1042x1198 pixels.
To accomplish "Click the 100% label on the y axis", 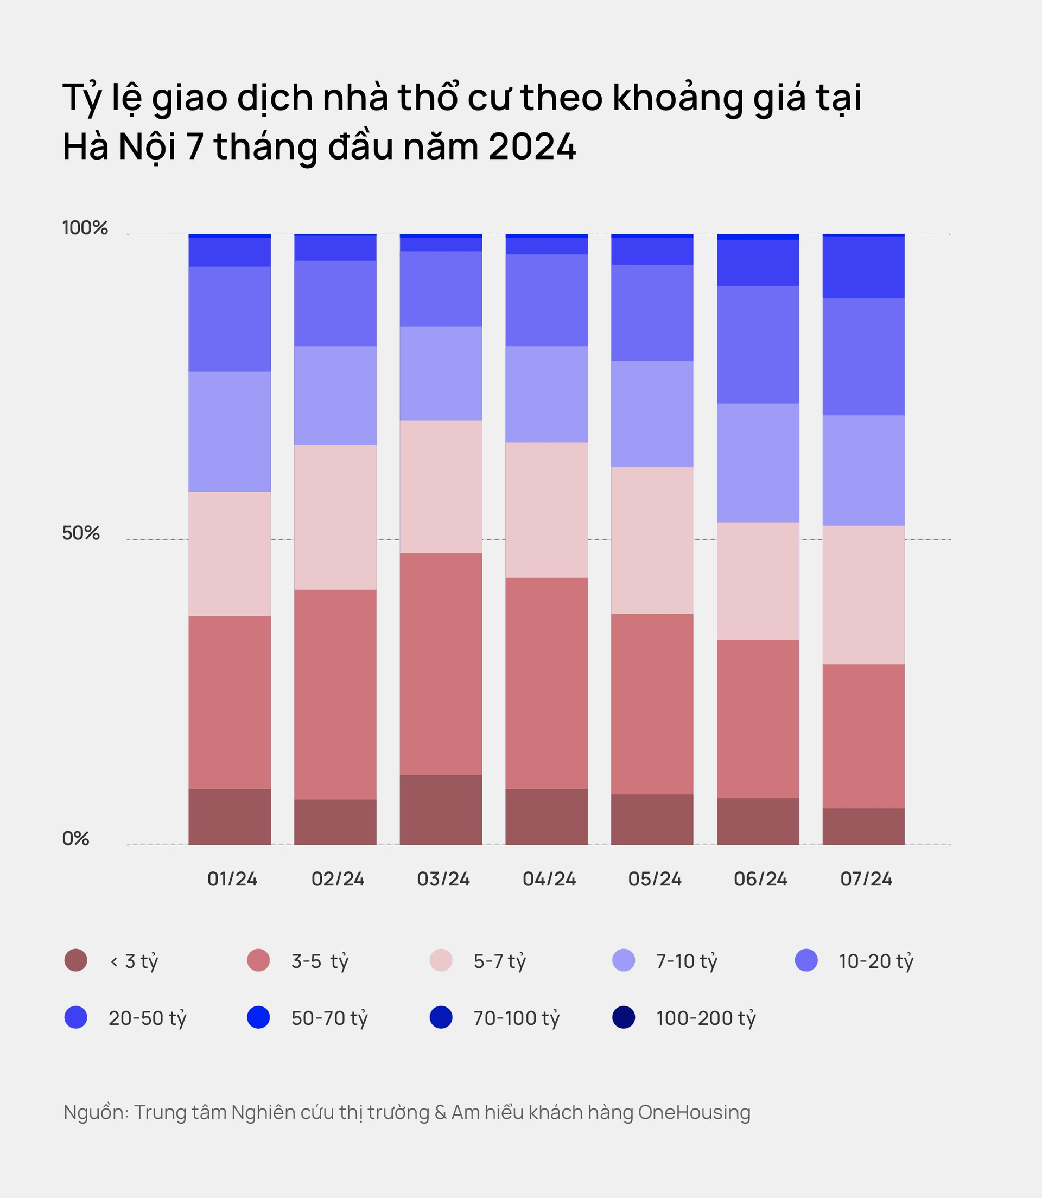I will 85,228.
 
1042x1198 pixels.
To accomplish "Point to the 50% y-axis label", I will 81,533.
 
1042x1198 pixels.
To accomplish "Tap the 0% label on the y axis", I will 75,838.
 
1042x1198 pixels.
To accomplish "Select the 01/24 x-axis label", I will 232,879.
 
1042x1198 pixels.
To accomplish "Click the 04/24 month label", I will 549,879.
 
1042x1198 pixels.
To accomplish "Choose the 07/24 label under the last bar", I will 866,879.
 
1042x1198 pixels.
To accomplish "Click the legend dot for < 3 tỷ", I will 76,960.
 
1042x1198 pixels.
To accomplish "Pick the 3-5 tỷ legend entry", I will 319,961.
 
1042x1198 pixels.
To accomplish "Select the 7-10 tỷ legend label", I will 686,961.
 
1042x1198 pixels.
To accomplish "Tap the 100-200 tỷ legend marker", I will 624,1018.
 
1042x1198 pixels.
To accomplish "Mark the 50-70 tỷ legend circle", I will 259,1018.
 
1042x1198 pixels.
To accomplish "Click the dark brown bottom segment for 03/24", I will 441,809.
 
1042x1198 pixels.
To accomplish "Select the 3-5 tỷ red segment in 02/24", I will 335,694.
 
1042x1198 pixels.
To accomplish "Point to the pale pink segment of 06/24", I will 758,581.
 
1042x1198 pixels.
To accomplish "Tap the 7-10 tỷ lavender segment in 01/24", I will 230,431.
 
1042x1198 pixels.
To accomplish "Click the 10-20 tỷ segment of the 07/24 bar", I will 863,356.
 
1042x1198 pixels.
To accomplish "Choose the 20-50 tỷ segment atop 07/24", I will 863,267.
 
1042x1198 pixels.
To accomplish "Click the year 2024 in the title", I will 532,146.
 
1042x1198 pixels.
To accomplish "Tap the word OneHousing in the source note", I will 694,1112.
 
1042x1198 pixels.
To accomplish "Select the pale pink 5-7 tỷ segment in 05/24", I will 652,540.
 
